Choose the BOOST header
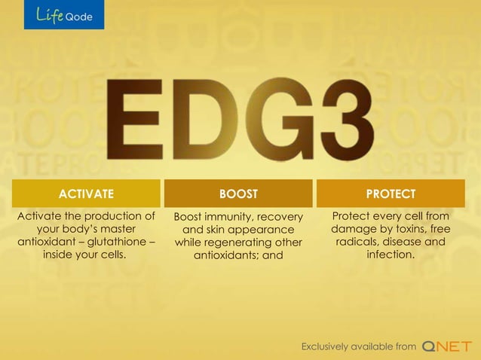tap(238, 194)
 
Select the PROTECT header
tap(390, 194)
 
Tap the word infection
tap(390, 255)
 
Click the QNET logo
tap(447, 346)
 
